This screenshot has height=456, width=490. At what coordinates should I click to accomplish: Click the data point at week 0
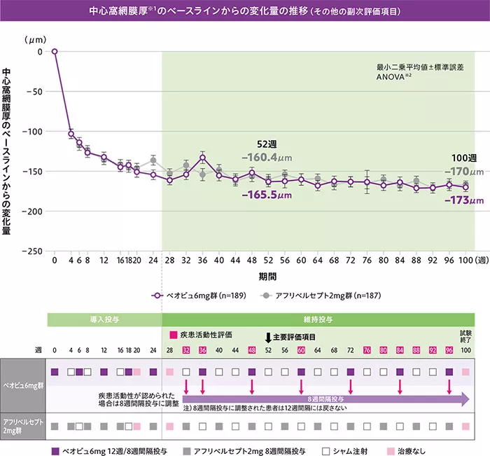[55, 51]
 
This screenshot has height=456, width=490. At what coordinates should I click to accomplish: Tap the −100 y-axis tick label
[32, 131]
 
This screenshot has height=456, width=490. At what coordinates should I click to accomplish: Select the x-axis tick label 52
[268, 261]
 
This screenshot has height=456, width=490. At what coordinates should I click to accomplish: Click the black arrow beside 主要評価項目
[268, 337]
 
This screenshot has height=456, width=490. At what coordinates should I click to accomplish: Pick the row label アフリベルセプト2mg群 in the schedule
[23, 425]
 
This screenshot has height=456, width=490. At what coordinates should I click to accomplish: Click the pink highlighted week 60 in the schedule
[301, 350]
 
